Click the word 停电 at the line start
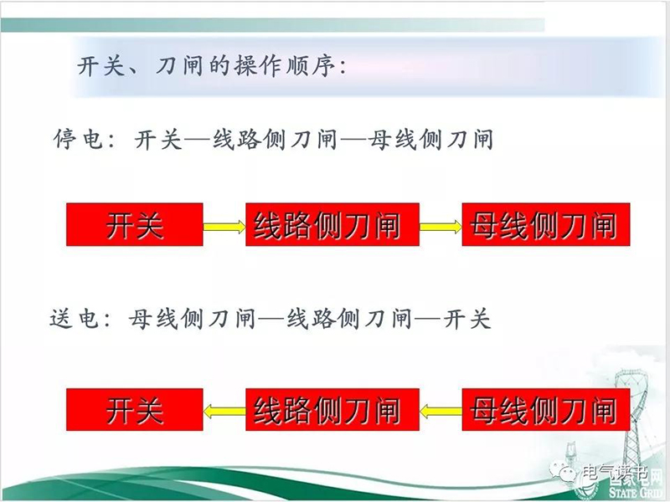click(x=79, y=139)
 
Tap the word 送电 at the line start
click(x=75, y=319)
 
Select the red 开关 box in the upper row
click(x=135, y=224)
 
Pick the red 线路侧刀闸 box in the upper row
click(x=332, y=224)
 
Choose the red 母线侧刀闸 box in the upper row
click(x=546, y=224)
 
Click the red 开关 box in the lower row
click(x=135, y=409)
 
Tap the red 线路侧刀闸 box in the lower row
click(x=332, y=409)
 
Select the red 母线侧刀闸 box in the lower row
click(x=546, y=409)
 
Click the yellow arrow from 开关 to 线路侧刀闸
click(x=224, y=226)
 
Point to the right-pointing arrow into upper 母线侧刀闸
click(x=441, y=226)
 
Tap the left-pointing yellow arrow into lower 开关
click(x=224, y=412)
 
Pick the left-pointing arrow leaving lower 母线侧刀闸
click(x=441, y=412)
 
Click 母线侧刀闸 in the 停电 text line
click(x=431, y=139)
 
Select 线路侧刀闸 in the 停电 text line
click(x=275, y=139)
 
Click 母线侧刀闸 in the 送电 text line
click(x=192, y=319)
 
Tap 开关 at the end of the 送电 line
click(x=466, y=319)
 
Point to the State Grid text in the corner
click(x=638, y=491)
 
